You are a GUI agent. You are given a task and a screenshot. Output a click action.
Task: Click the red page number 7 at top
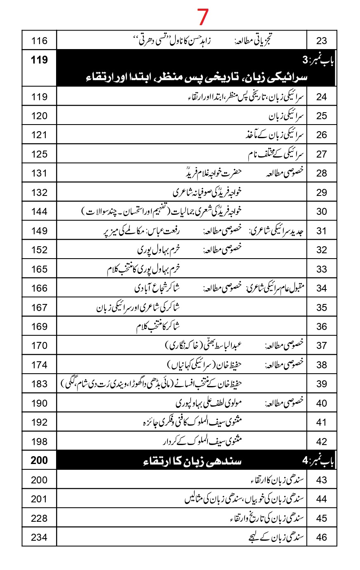click(203, 17)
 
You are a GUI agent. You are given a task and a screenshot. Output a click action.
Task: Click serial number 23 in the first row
click(322, 40)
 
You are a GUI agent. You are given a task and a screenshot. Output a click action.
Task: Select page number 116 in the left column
click(39, 40)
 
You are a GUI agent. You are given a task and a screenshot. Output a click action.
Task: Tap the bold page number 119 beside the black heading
click(39, 60)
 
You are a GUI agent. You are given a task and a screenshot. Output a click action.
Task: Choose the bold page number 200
click(39, 460)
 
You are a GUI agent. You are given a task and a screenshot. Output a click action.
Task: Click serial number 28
click(322, 173)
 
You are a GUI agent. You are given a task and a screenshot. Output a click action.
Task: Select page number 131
click(39, 173)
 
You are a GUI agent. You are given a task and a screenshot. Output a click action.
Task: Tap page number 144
click(39, 212)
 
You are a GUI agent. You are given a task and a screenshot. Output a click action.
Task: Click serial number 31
click(322, 231)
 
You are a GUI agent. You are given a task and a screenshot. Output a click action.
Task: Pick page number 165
click(39, 269)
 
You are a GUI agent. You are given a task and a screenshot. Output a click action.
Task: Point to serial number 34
click(322, 288)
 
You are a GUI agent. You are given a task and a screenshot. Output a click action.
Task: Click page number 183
click(39, 384)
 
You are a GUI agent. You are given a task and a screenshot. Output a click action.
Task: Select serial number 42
click(322, 442)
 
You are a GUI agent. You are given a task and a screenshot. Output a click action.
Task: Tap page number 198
click(39, 442)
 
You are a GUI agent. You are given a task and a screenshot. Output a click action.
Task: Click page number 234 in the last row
click(39, 537)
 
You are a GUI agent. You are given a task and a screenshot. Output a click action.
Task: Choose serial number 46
click(322, 537)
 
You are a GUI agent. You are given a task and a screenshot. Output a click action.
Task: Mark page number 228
click(39, 518)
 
